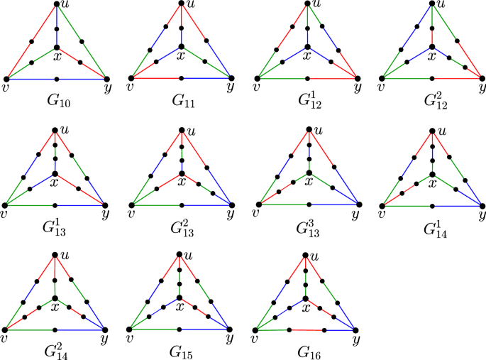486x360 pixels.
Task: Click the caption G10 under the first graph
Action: click(57, 102)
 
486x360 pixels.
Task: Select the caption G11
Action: click(182, 102)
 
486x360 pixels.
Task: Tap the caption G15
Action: click(182, 353)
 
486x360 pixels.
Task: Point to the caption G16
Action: click(308, 353)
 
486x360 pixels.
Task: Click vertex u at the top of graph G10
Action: click(57, 4)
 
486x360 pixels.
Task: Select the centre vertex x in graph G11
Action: click(182, 46)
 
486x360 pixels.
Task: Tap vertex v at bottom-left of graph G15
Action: click(131, 329)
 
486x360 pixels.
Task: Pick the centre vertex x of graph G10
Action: click(57, 47)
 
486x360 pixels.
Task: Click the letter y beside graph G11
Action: click(230, 87)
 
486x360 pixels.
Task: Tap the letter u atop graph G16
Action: click(316, 256)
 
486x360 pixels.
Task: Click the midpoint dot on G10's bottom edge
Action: click(57, 78)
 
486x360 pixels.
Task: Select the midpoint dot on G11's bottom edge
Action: click(182, 77)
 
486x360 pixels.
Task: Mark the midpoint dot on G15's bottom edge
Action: click(181, 329)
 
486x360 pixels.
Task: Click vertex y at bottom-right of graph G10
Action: click(107, 78)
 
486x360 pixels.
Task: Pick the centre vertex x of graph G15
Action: click(181, 298)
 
